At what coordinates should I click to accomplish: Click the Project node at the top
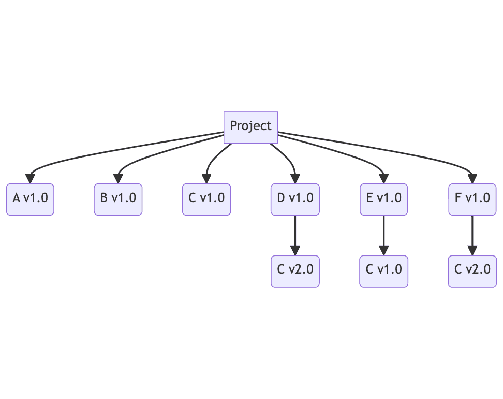(251, 127)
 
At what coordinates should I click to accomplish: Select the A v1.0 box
(30, 199)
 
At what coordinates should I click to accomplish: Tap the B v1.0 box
(118, 199)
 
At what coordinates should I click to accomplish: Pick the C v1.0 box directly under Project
(206, 199)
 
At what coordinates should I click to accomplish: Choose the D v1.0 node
(295, 199)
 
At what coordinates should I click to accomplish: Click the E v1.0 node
(383, 199)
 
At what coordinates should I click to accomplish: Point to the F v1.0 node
(472, 199)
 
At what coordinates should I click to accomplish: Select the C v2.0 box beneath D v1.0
(295, 272)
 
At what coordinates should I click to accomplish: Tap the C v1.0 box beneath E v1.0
(383, 272)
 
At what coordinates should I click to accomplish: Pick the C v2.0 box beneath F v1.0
(472, 272)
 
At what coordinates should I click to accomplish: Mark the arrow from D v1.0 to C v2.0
(295, 235)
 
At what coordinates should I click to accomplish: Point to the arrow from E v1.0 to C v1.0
(383, 235)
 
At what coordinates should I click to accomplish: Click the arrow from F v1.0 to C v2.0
(472, 235)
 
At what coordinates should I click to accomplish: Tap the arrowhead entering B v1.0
(118, 179)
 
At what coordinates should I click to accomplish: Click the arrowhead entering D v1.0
(295, 179)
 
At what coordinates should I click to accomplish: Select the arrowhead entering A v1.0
(30, 179)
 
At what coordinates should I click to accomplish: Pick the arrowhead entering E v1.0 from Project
(383, 179)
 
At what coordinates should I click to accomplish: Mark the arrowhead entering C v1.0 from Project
(206, 179)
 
